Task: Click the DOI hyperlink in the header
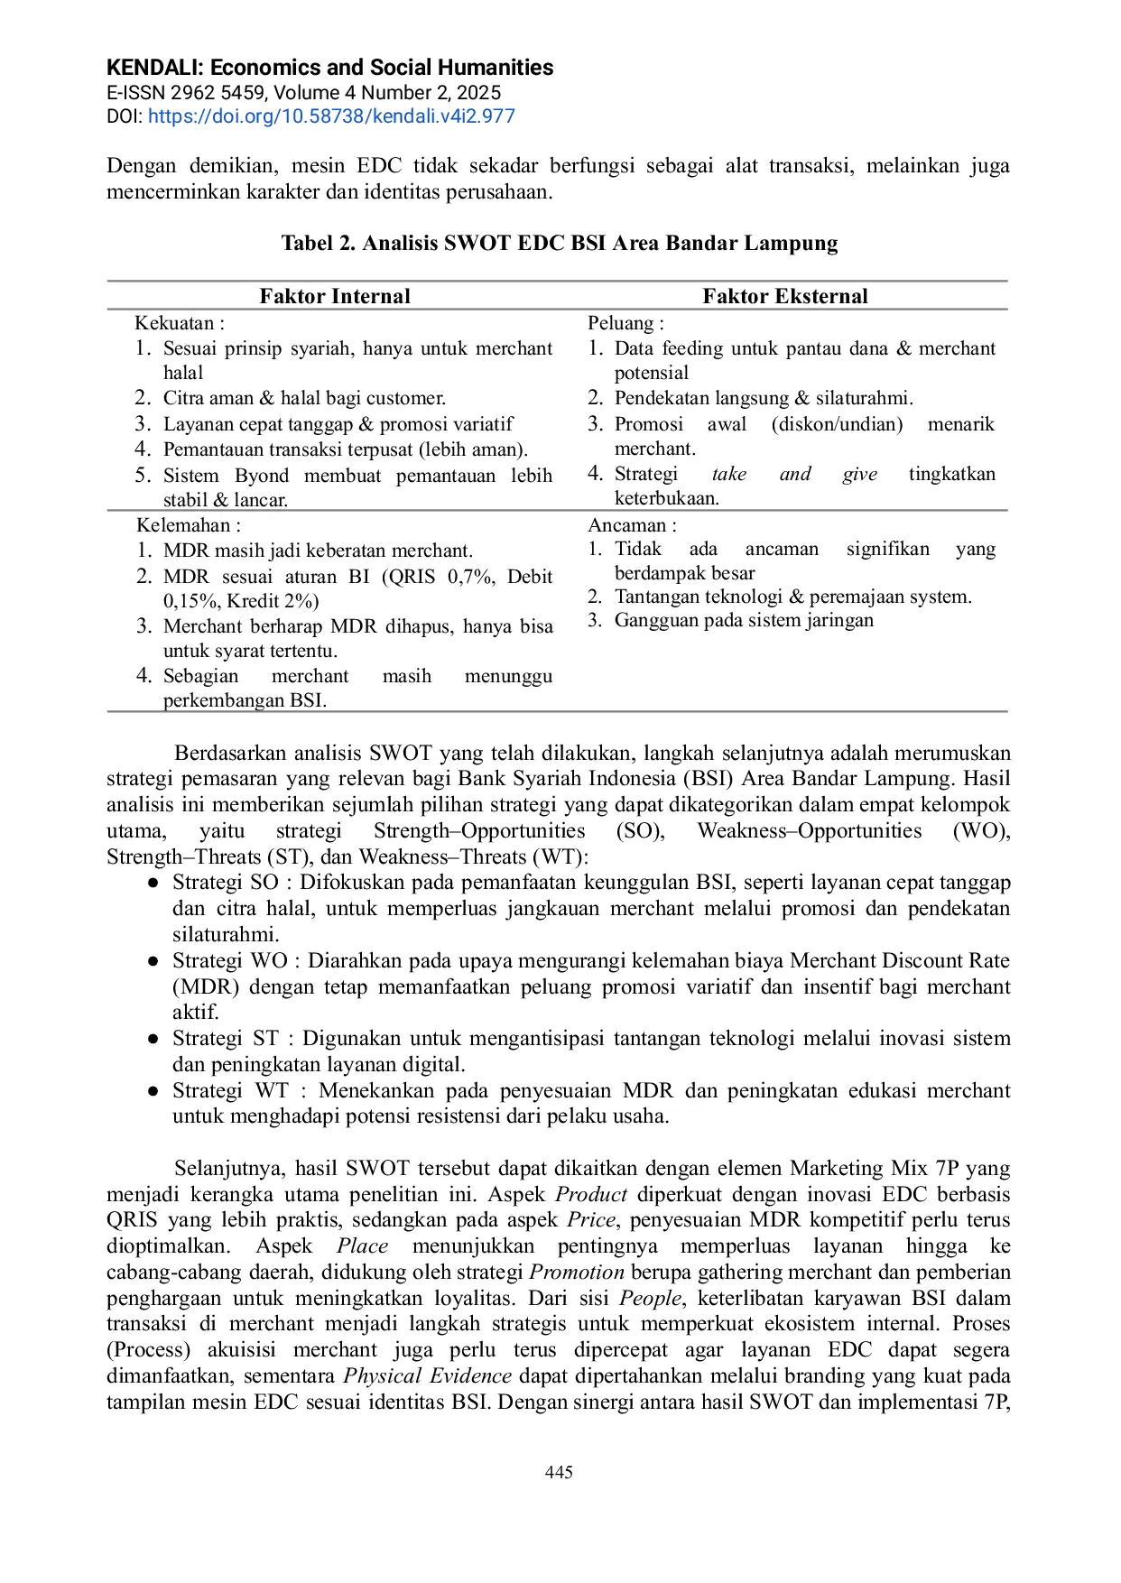[x=331, y=116]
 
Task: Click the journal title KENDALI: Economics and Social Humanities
[x=329, y=68]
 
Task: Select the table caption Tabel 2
[x=559, y=243]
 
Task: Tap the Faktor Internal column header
[x=335, y=296]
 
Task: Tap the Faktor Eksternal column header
[x=785, y=296]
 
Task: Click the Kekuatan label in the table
[x=179, y=323]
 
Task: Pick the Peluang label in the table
[x=625, y=323]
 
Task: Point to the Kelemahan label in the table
[x=188, y=525]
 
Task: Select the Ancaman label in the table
[x=631, y=525]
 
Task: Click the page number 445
[x=559, y=1472]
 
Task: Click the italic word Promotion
[x=577, y=1273]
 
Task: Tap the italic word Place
[x=363, y=1246]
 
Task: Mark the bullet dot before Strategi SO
[x=154, y=883]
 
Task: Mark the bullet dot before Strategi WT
[x=154, y=1091]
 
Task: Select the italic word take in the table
[x=728, y=474]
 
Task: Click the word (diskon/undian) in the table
[x=837, y=424]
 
